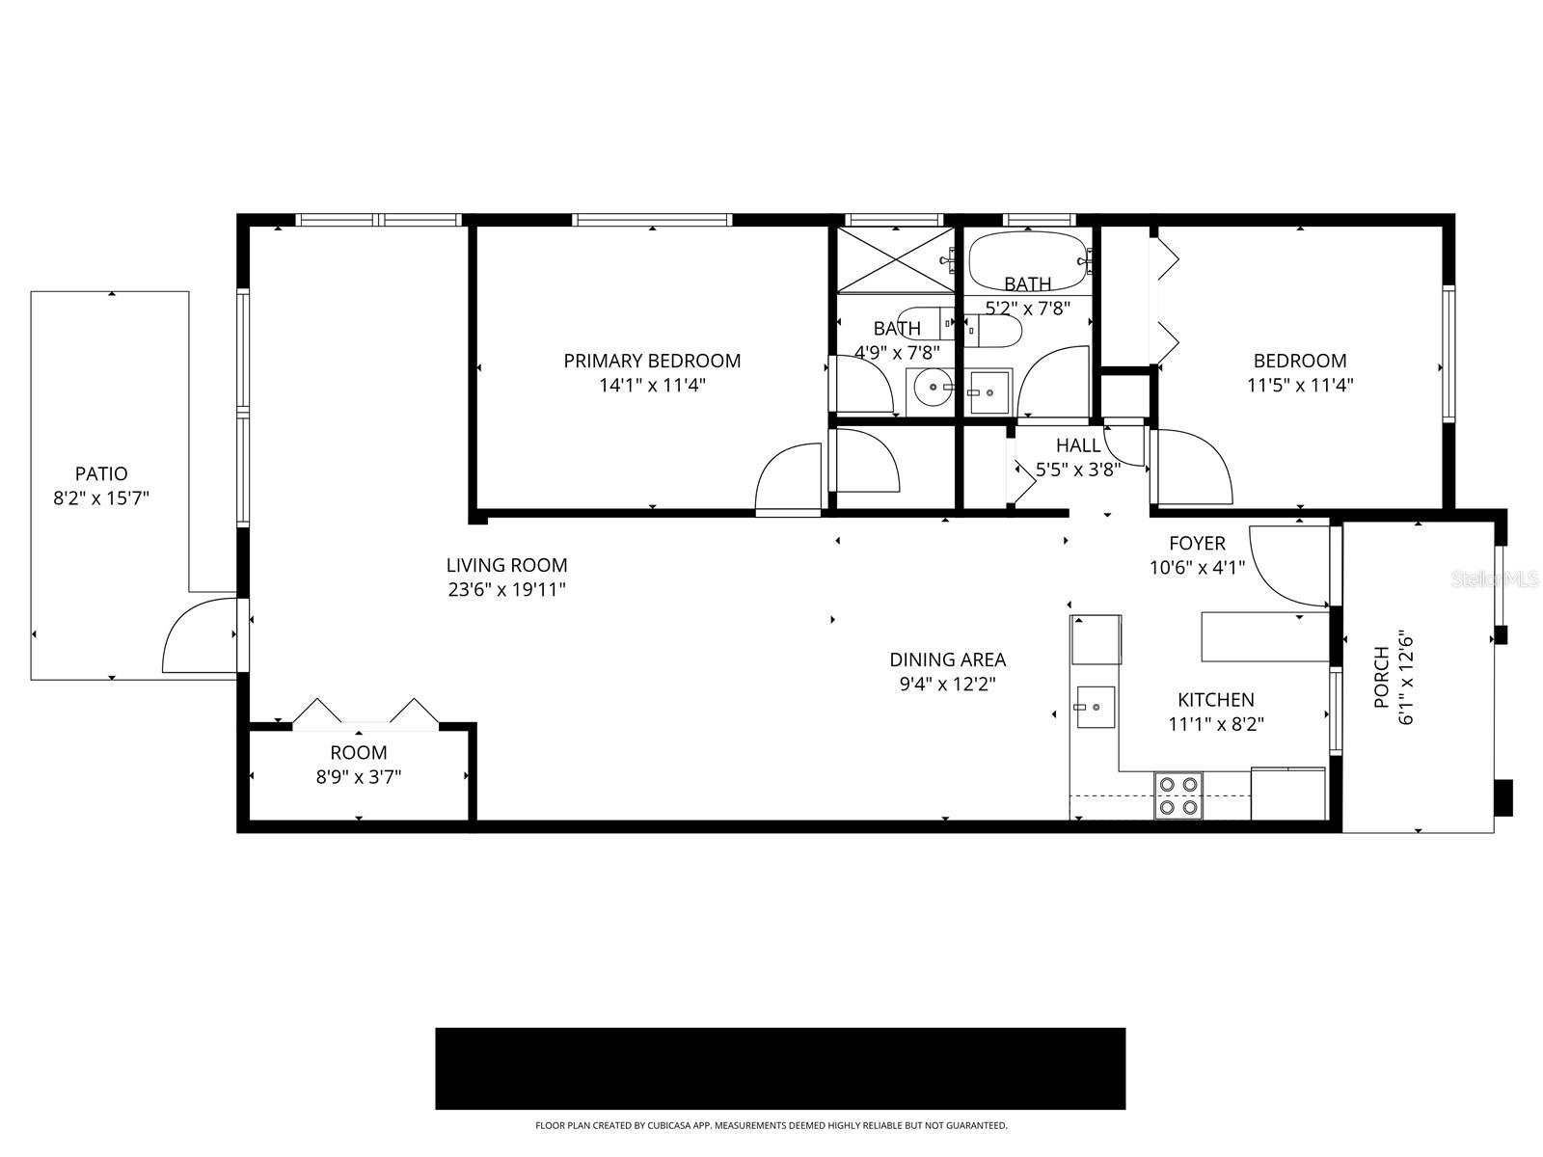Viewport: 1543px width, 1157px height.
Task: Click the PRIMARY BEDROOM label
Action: click(x=652, y=361)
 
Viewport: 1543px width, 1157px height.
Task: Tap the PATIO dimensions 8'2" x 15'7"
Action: click(x=101, y=498)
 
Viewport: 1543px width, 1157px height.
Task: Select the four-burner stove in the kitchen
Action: click(x=1178, y=795)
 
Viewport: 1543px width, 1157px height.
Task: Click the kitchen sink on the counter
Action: click(x=1095, y=710)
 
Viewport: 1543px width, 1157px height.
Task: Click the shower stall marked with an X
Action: click(x=894, y=258)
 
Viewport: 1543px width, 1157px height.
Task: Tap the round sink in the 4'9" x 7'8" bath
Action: click(x=933, y=390)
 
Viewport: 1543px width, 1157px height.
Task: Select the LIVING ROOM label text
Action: click(x=506, y=565)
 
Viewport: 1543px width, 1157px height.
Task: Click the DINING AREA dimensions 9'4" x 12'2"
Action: click(x=947, y=685)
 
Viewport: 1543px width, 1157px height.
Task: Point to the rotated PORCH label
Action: click(x=1381, y=678)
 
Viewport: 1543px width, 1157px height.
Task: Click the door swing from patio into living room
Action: click(x=201, y=636)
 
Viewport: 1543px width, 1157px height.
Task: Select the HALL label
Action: click(x=1077, y=445)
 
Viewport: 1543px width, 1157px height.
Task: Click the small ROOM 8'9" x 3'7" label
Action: click(x=359, y=752)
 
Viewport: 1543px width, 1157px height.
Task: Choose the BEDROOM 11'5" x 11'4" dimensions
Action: click(x=1299, y=385)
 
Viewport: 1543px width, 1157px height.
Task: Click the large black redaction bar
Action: click(x=780, y=1068)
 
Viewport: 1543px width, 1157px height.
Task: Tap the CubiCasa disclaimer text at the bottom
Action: click(x=771, y=1125)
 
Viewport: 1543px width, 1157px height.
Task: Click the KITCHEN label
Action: click(x=1215, y=700)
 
